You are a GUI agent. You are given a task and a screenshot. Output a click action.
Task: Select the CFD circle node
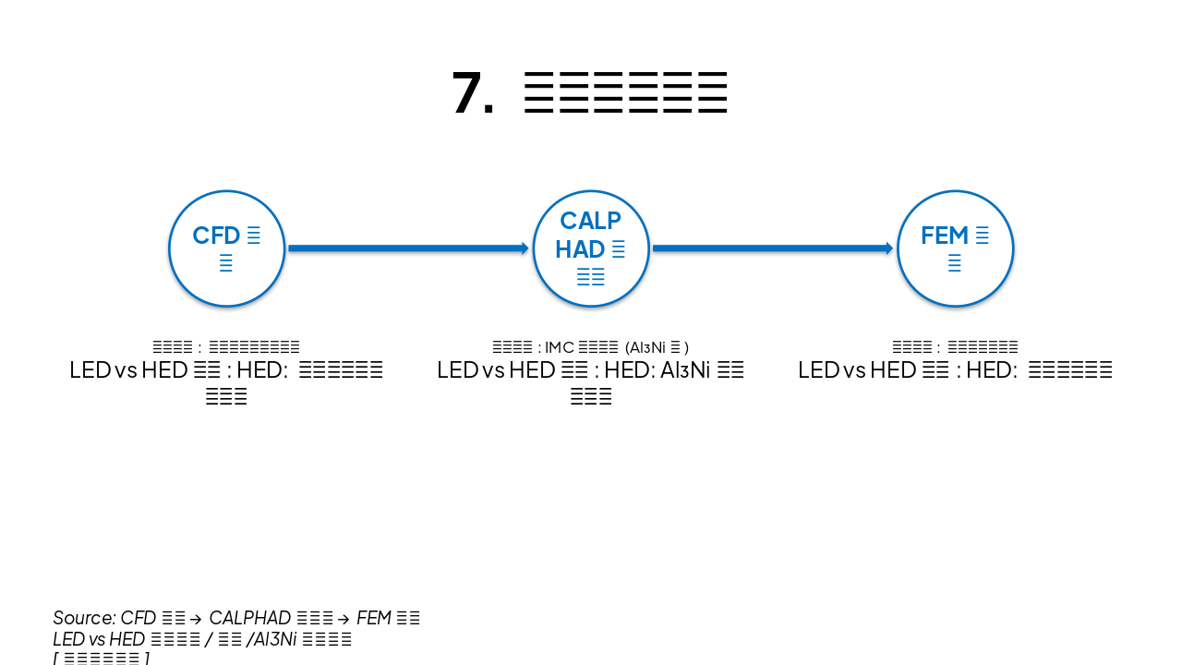click(226, 248)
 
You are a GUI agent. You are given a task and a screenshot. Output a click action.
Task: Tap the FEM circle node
click(955, 248)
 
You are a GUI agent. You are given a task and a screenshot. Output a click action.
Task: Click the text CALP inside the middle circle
click(590, 221)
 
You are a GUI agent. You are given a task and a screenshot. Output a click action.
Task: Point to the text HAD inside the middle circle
click(580, 249)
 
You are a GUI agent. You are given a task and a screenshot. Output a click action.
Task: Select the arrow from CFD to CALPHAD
click(407, 248)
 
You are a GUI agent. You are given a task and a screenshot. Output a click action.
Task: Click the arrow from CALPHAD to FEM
click(772, 248)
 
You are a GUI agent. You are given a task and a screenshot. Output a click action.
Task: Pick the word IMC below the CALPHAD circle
click(560, 348)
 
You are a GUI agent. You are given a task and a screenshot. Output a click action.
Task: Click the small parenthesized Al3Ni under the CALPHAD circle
click(647, 348)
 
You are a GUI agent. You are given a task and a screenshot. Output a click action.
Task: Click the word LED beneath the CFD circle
click(90, 370)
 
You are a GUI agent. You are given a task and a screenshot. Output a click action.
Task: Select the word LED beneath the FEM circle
click(818, 370)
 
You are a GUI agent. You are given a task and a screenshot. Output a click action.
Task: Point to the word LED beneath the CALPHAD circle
click(457, 370)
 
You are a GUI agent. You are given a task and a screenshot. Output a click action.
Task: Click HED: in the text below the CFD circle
click(263, 370)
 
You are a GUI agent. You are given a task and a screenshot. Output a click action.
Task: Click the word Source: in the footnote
click(84, 618)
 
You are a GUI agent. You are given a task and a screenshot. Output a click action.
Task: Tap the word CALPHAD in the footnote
click(250, 618)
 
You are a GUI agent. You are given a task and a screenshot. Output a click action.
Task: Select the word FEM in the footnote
click(374, 618)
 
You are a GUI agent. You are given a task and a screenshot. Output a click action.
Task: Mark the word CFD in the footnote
click(139, 618)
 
